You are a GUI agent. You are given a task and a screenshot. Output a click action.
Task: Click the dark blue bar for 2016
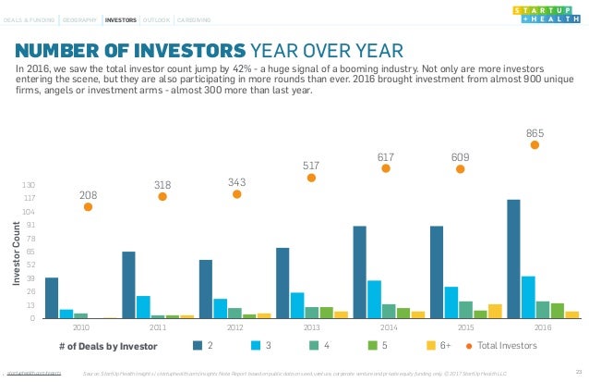tap(513, 259)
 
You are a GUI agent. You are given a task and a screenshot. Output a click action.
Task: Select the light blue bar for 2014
tap(374, 299)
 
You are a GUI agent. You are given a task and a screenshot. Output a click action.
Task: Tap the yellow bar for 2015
tap(495, 311)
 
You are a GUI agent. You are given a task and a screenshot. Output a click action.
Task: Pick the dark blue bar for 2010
tap(52, 298)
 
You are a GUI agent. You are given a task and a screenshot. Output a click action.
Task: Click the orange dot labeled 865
tap(535, 144)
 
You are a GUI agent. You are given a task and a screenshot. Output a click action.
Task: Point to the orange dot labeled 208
tap(88, 206)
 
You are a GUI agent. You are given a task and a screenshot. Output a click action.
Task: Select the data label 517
tap(311, 166)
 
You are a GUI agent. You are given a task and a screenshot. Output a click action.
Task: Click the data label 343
tap(236, 182)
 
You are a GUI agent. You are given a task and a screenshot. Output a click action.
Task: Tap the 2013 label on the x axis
tap(311, 327)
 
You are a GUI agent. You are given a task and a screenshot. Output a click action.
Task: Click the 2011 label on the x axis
tap(158, 327)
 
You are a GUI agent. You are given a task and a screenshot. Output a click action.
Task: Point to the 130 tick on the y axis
tap(29, 186)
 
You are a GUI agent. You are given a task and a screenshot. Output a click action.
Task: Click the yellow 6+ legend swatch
tap(431, 346)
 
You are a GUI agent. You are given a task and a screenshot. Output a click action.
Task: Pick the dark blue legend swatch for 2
tap(198, 346)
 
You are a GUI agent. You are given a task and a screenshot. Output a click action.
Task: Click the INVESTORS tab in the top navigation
tap(120, 18)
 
